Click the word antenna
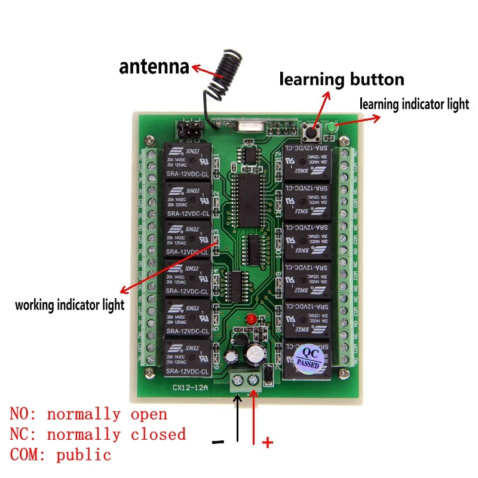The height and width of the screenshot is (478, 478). click(x=154, y=66)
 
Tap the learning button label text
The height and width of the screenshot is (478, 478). click(x=342, y=79)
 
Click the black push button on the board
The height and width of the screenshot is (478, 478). click(x=312, y=131)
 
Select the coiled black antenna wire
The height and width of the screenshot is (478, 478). click(x=222, y=75)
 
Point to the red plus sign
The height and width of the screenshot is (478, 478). click(x=268, y=443)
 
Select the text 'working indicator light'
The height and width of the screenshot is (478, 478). click(x=70, y=305)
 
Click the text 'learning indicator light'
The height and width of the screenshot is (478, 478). click(x=414, y=104)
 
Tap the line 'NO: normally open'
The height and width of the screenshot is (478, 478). click(x=88, y=414)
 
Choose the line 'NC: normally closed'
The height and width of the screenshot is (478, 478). click(x=97, y=434)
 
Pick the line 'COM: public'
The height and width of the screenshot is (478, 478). click(x=60, y=455)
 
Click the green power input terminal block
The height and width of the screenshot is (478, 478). click(x=247, y=379)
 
